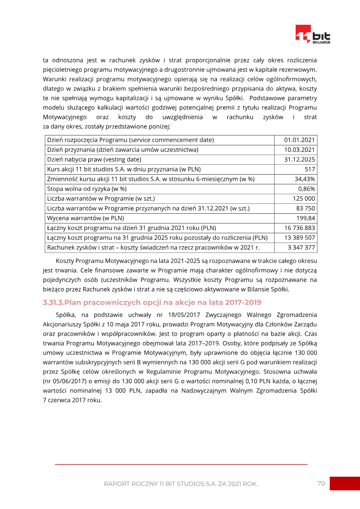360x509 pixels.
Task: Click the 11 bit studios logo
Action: (x=313, y=35)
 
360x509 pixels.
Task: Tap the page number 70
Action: (x=321, y=483)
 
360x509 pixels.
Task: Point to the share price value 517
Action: (x=310, y=169)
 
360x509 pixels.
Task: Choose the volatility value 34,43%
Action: (x=305, y=179)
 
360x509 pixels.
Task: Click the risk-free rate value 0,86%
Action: (x=306, y=189)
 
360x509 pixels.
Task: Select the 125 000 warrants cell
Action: (x=304, y=198)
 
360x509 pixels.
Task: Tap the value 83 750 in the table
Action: (x=306, y=208)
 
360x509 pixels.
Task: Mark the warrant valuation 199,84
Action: (x=306, y=218)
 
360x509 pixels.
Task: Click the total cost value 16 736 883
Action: (x=300, y=228)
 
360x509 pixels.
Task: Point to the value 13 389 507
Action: (x=300, y=238)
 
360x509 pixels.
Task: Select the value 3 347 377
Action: (x=301, y=248)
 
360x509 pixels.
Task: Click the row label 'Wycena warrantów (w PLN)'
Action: (x=85, y=218)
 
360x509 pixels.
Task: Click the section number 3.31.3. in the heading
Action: (x=54, y=302)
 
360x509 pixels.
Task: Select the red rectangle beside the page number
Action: (x=345, y=483)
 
